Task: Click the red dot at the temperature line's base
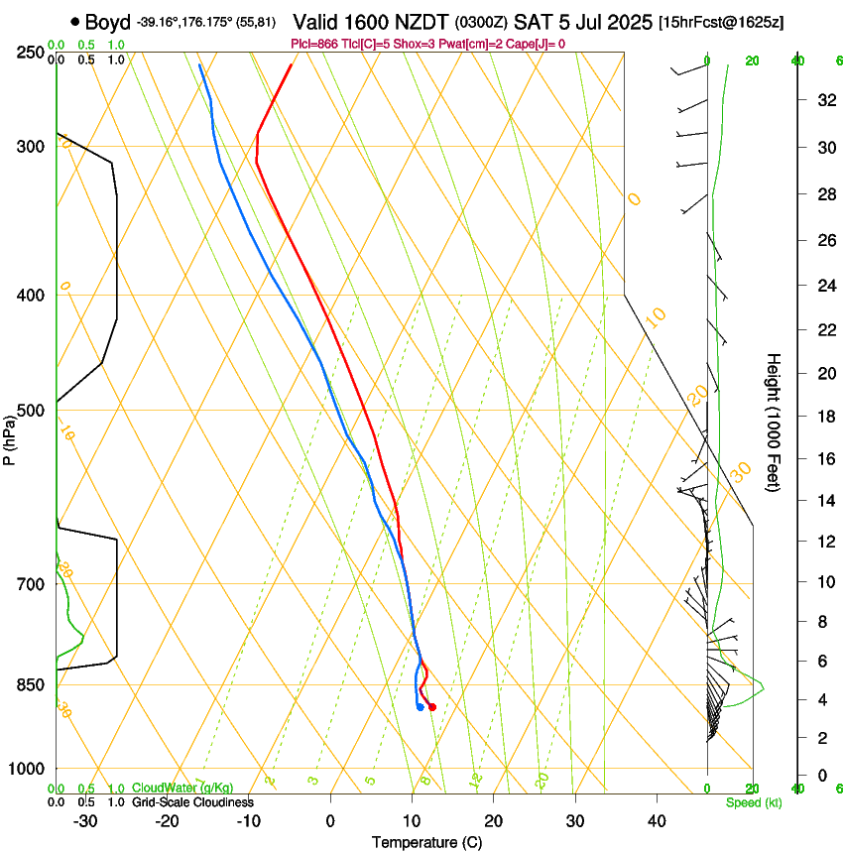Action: click(x=431, y=706)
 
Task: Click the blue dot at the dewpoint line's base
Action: click(x=421, y=707)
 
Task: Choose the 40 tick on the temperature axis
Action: click(x=656, y=820)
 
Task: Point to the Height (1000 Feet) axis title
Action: click(x=775, y=423)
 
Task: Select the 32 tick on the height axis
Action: click(x=823, y=100)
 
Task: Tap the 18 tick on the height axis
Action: click(x=823, y=417)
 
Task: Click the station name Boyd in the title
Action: click(x=108, y=22)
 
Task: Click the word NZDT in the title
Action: click(x=424, y=22)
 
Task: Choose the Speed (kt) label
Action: click(x=753, y=802)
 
